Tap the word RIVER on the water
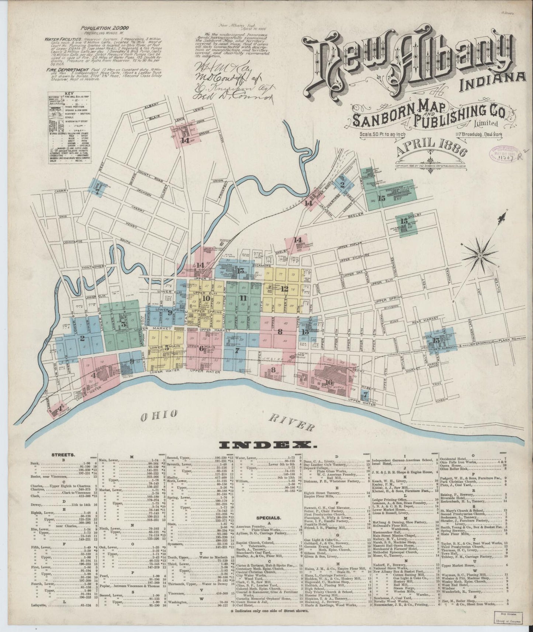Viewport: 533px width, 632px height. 293,422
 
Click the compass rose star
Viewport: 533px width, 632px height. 480,255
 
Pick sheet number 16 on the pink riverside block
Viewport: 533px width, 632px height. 329,382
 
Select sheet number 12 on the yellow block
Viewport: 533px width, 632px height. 284,289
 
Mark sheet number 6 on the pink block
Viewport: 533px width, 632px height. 201,349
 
